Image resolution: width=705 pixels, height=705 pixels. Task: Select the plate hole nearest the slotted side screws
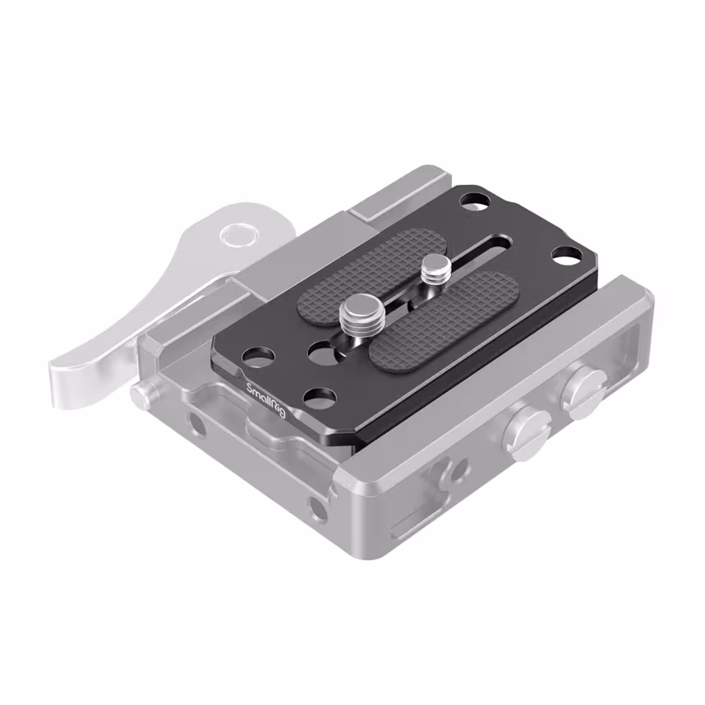click(564, 256)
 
